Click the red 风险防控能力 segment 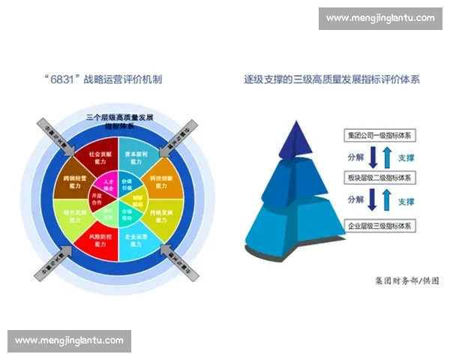click(100, 241)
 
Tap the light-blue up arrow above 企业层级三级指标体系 click(385, 201)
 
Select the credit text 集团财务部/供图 click(407, 281)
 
